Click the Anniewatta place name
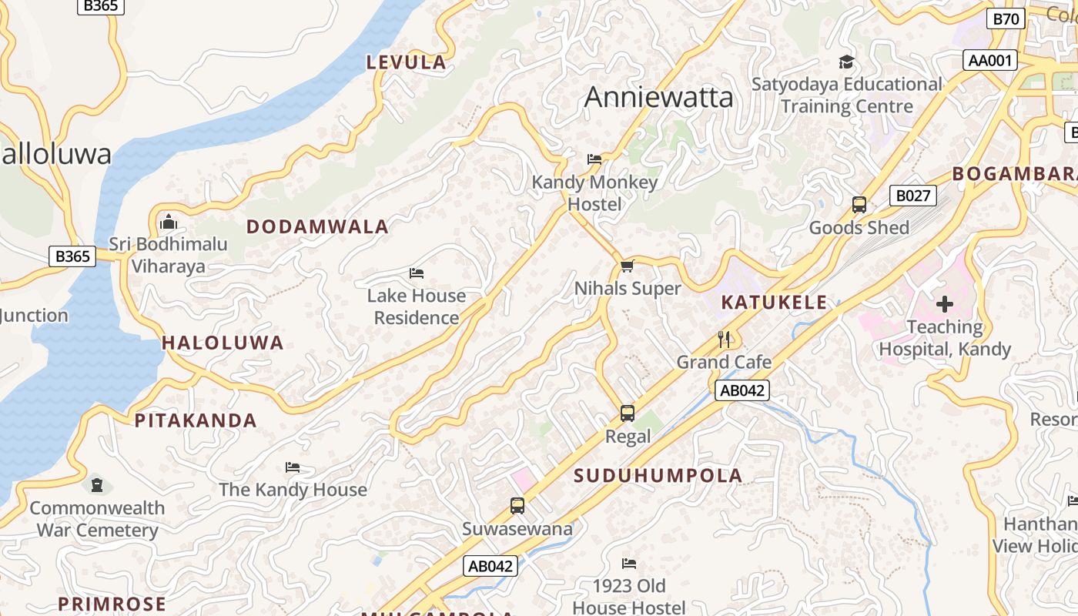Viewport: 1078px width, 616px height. click(x=658, y=98)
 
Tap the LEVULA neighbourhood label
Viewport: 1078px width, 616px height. click(x=406, y=62)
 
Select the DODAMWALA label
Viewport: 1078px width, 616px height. click(x=317, y=227)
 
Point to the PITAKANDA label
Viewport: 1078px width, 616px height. click(x=196, y=420)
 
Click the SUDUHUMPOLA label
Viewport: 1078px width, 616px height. click(x=658, y=476)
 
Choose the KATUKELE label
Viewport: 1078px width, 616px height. click(x=774, y=303)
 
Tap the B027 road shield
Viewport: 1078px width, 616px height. click(x=912, y=196)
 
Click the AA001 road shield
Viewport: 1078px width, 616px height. click(x=990, y=60)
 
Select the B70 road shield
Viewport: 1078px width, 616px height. click(x=1006, y=18)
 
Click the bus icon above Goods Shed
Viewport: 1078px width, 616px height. click(x=859, y=206)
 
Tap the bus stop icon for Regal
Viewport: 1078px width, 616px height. click(x=628, y=413)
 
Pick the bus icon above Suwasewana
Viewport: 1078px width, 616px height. click(x=517, y=506)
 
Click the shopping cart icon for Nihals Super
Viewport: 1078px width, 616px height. click(x=628, y=266)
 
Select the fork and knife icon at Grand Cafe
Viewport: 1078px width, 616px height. click(x=724, y=340)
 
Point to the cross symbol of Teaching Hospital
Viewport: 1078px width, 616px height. click(x=945, y=304)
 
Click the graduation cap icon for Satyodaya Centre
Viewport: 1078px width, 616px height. click(x=846, y=62)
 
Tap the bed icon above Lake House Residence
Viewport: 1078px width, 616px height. click(x=417, y=273)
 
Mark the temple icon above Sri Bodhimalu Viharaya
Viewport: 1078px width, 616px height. click(x=168, y=223)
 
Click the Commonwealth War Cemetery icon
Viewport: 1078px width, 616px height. click(x=97, y=485)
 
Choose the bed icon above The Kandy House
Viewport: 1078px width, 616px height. click(x=293, y=467)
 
